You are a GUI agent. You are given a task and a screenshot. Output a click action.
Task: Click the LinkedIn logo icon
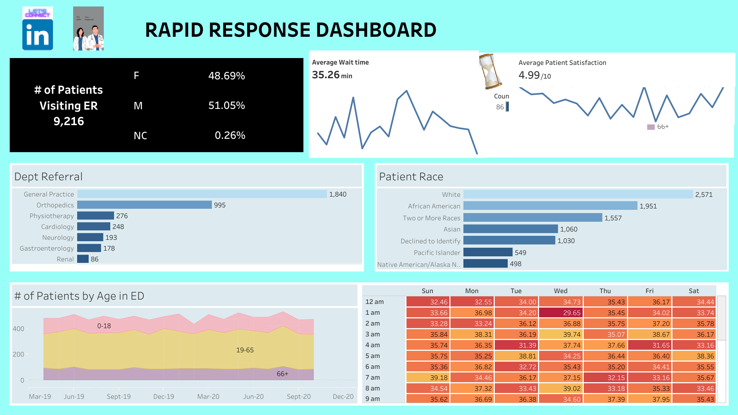coord(37,35)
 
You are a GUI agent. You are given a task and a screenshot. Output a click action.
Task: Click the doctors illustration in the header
coord(88,29)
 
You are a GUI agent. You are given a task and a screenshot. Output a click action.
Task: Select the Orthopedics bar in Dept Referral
coord(144,205)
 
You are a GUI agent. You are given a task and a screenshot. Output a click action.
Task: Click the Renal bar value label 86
coord(94,259)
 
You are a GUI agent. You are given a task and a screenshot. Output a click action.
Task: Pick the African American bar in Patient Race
coord(550,206)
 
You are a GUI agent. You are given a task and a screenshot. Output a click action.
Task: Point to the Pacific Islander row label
coord(437,253)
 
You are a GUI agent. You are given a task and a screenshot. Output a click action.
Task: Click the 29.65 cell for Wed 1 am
coord(561,313)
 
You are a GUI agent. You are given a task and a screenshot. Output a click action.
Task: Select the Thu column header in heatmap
coord(605,291)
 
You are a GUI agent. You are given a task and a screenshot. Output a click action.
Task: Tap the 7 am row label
coord(373,378)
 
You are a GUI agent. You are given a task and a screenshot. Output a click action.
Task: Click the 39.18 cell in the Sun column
coord(428,378)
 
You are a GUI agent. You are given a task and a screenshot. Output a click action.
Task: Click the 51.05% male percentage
coord(226,105)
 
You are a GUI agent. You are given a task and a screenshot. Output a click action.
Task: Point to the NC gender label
coord(140,136)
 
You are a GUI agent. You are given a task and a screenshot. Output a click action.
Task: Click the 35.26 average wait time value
coord(326,75)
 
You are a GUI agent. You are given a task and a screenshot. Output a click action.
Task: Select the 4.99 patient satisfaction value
coord(529,75)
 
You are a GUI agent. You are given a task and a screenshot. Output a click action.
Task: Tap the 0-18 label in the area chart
coord(104,326)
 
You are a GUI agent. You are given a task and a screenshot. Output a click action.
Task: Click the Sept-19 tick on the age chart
coord(119,397)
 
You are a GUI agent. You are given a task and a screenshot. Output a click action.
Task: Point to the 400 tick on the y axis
coord(18,329)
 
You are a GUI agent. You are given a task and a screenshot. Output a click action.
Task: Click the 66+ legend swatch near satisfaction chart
coord(651,127)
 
